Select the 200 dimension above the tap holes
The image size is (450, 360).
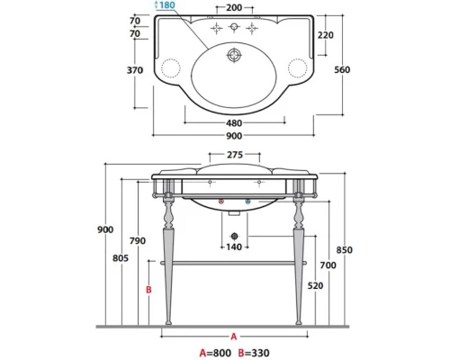[234, 7]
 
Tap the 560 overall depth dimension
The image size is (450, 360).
[342, 69]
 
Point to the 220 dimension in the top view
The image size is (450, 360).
[326, 35]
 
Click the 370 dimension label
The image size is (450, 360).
[135, 70]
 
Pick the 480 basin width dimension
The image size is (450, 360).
[234, 123]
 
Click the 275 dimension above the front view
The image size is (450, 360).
[235, 155]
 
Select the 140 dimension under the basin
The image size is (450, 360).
[234, 247]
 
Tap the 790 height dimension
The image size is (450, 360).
[138, 240]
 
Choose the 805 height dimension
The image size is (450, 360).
[121, 258]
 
